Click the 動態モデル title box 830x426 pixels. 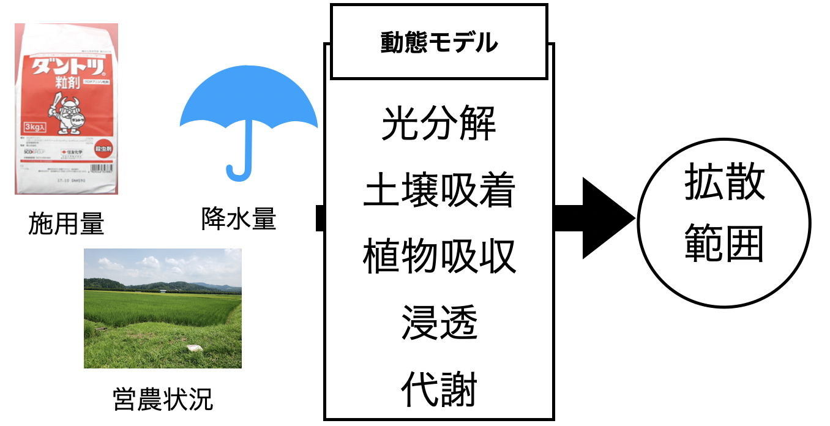(439, 42)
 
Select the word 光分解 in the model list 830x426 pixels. (438, 124)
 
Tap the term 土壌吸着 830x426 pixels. (438, 190)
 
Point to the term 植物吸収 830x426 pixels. (438, 256)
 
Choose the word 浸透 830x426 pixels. (438, 323)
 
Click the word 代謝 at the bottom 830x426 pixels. (438, 389)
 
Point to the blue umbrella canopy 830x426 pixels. (248, 101)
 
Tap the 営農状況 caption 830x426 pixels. (163, 399)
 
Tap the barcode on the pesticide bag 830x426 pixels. (101, 166)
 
